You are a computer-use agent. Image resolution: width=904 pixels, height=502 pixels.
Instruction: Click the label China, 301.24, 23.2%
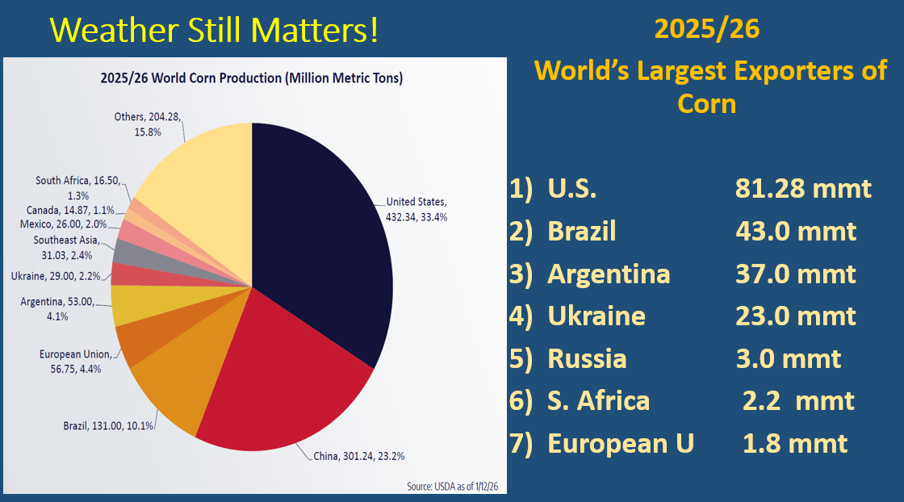[358, 456]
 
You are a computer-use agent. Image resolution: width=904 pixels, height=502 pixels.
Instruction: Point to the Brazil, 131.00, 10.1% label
[109, 425]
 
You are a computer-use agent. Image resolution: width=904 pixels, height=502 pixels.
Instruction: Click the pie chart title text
[252, 78]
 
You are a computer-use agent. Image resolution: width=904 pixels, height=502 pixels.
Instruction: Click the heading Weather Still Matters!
[214, 31]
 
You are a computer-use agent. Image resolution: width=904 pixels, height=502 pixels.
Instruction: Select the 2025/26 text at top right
[707, 31]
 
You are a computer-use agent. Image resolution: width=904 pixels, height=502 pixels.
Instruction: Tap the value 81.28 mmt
[803, 188]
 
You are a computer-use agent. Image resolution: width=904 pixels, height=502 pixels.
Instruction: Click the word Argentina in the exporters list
[609, 274]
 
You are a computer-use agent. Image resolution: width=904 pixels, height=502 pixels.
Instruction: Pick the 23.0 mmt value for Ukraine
[795, 316]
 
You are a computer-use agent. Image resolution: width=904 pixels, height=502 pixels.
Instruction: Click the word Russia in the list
[587, 358]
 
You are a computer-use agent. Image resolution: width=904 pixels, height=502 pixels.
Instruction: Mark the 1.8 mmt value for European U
[795, 443]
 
